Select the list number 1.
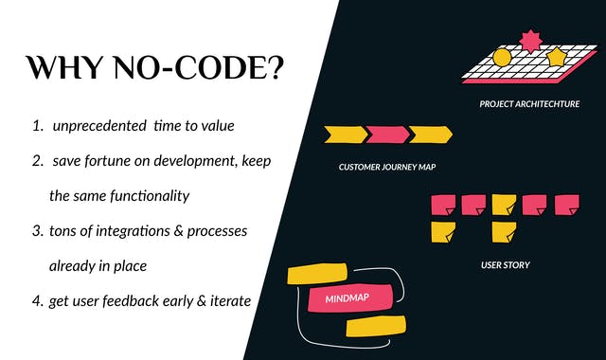coord(38,126)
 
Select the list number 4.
coord(38,301)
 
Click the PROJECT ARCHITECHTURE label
coord(529,103)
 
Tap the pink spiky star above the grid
coord(529,40)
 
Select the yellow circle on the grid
coord(502,58)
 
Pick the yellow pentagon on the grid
coord(556,58)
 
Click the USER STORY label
coord(505,265)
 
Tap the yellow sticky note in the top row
coord(504,204)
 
